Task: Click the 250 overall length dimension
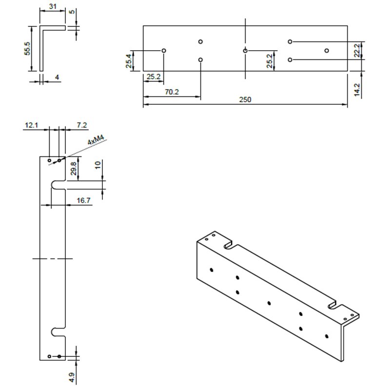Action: pyautogui.click(x=245, y=99)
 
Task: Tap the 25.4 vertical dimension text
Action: pyautogui.click(x=128, y=62)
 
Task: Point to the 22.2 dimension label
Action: pyautogui.click(x=357, y=50)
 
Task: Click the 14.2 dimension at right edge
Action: pyautogui.click(x=357, y=90)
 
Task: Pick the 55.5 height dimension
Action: pyautogui.click(x=28, y=48)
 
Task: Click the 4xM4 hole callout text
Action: pyautogui.click(x=96, y=141)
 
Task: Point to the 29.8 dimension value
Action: pyautogui.click(x=73, y=168)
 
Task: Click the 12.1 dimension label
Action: pyautogui.click(x=30, y=126)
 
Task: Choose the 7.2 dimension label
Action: pyautogui.click(x=81, y=126)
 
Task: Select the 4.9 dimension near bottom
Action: pyautogui.click(x=71, y=376)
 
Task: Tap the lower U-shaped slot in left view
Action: pyautogui.click(x=58, y=331)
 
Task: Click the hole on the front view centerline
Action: pyautogui.click(x=245, y=50)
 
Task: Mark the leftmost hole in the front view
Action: pyautogui.click(x=164, y=50)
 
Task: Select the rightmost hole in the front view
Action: pyautogui.click(x=327, y=50)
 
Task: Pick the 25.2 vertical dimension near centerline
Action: pyautogui.click(x=270, y=62)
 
